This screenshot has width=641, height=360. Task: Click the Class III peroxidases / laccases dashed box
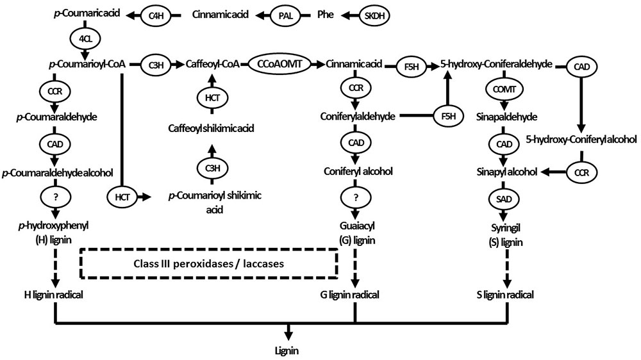pos(209,264)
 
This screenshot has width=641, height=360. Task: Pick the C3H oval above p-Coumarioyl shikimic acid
pos(212,168)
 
